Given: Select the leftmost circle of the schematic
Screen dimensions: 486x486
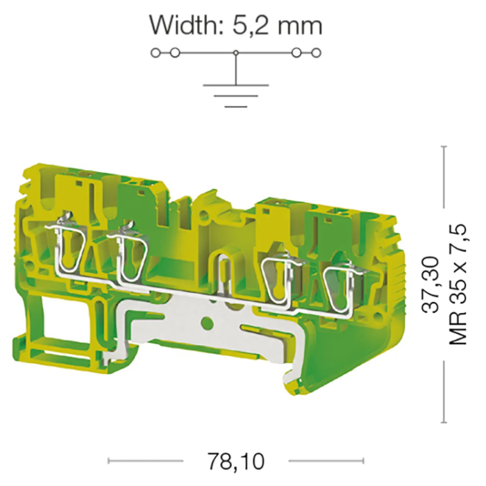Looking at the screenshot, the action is point(156,53).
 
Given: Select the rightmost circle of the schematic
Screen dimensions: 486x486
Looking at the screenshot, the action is point(316,53).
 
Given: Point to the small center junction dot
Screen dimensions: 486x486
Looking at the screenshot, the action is point(236,53).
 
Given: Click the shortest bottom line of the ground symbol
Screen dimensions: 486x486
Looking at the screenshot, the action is point(236,107).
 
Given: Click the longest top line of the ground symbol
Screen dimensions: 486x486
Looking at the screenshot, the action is point(236,85).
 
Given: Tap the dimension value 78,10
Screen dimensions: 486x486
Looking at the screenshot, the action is point(236,461).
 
